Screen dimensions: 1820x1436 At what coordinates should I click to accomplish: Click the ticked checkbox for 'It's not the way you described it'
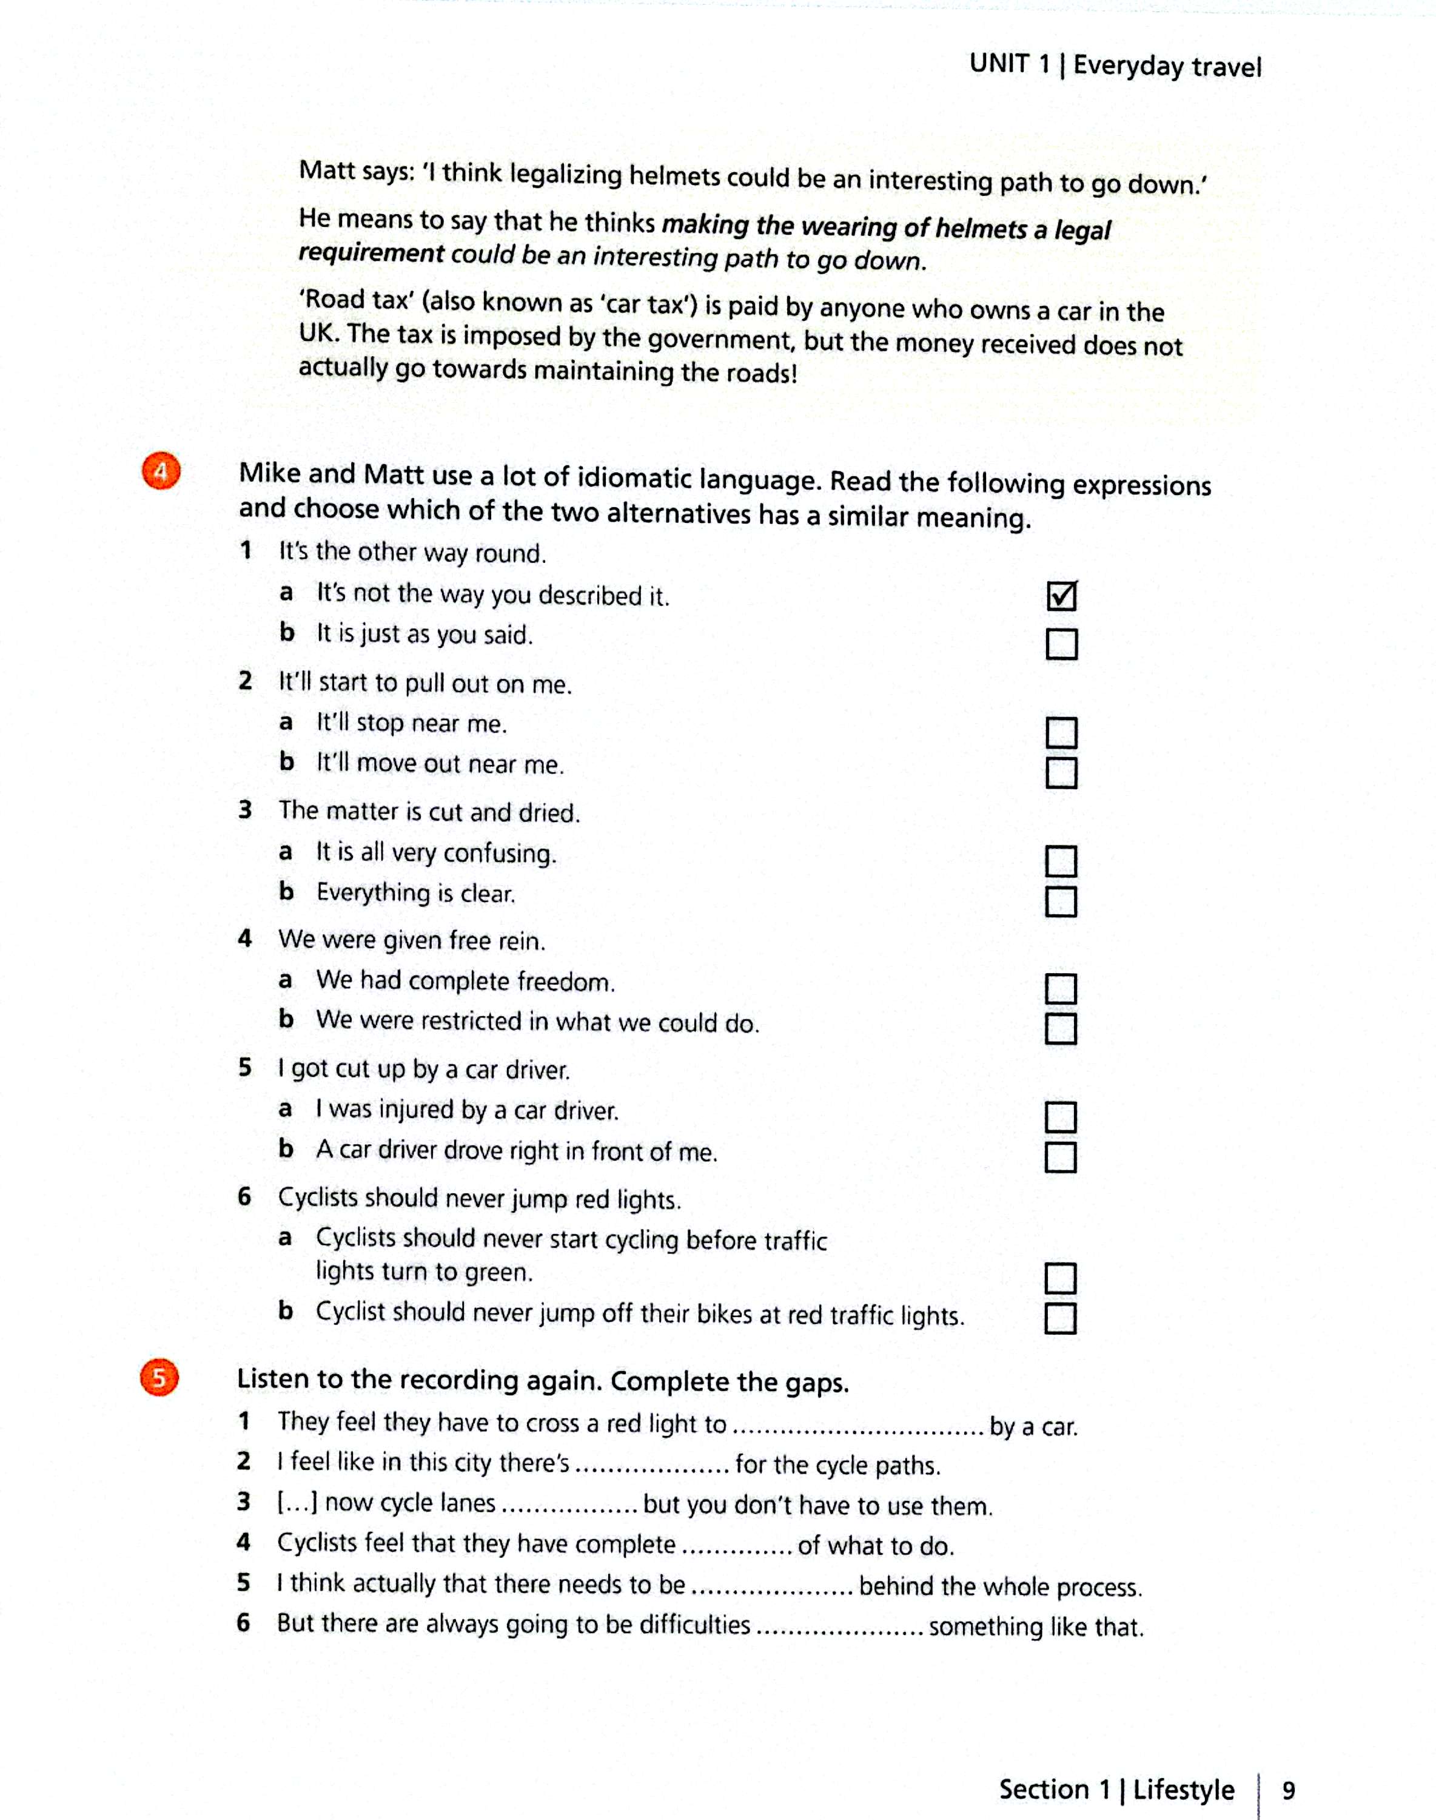coord(1061,596)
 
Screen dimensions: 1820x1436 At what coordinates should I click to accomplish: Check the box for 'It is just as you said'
coord(1061,644)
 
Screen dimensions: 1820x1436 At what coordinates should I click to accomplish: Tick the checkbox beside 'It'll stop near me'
coord(1061,732)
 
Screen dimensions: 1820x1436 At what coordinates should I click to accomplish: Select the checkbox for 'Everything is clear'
coord(1060,902)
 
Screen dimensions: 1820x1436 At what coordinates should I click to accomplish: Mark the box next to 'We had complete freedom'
coord(1060,989)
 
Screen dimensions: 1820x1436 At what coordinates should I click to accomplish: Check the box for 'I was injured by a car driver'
coord(1060,1117)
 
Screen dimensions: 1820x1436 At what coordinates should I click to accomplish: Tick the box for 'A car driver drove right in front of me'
coord(1060,1158)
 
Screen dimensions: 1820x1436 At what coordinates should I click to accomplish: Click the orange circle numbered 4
coord(161,473)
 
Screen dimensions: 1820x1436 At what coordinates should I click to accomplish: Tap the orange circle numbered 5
coord(159,1378)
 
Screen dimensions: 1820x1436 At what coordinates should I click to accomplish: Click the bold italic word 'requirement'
coord(372,253)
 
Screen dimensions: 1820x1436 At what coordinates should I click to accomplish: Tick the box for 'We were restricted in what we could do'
coord(1060,1028)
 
